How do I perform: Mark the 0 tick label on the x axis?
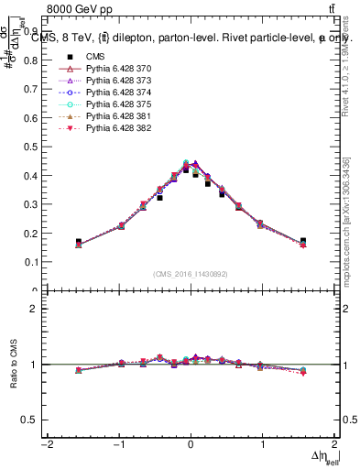pyautogui.click(x=191, y=445)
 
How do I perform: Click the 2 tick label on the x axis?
pyautogui.click(x=335, y=445)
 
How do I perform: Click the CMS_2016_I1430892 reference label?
pyautogui.click(x=190, y=273)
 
